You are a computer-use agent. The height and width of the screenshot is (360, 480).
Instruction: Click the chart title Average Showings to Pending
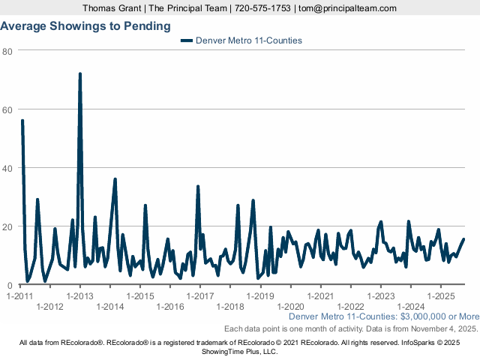click(85, 26)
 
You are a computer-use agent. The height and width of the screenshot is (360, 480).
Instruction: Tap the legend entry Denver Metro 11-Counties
click(248, 40)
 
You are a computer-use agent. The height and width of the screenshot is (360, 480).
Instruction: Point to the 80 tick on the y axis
click(7, 51)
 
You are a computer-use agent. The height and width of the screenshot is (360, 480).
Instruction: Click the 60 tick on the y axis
click(7, 109)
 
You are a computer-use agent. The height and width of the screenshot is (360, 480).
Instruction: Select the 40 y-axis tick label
click(7, 168)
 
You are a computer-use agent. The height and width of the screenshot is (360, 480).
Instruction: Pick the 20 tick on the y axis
click(7, 226)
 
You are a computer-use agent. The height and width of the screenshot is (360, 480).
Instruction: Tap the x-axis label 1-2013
click(80, 295)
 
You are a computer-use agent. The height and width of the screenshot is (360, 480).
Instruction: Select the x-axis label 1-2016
click(170, 307)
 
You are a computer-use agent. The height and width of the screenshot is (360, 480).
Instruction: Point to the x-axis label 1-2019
click(260, 295)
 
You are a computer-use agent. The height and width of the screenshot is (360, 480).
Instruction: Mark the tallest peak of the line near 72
click(80, 74)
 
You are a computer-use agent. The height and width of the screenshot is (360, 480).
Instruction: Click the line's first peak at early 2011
click(22, 121)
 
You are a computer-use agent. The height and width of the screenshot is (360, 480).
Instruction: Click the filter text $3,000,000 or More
click(440, 317)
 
